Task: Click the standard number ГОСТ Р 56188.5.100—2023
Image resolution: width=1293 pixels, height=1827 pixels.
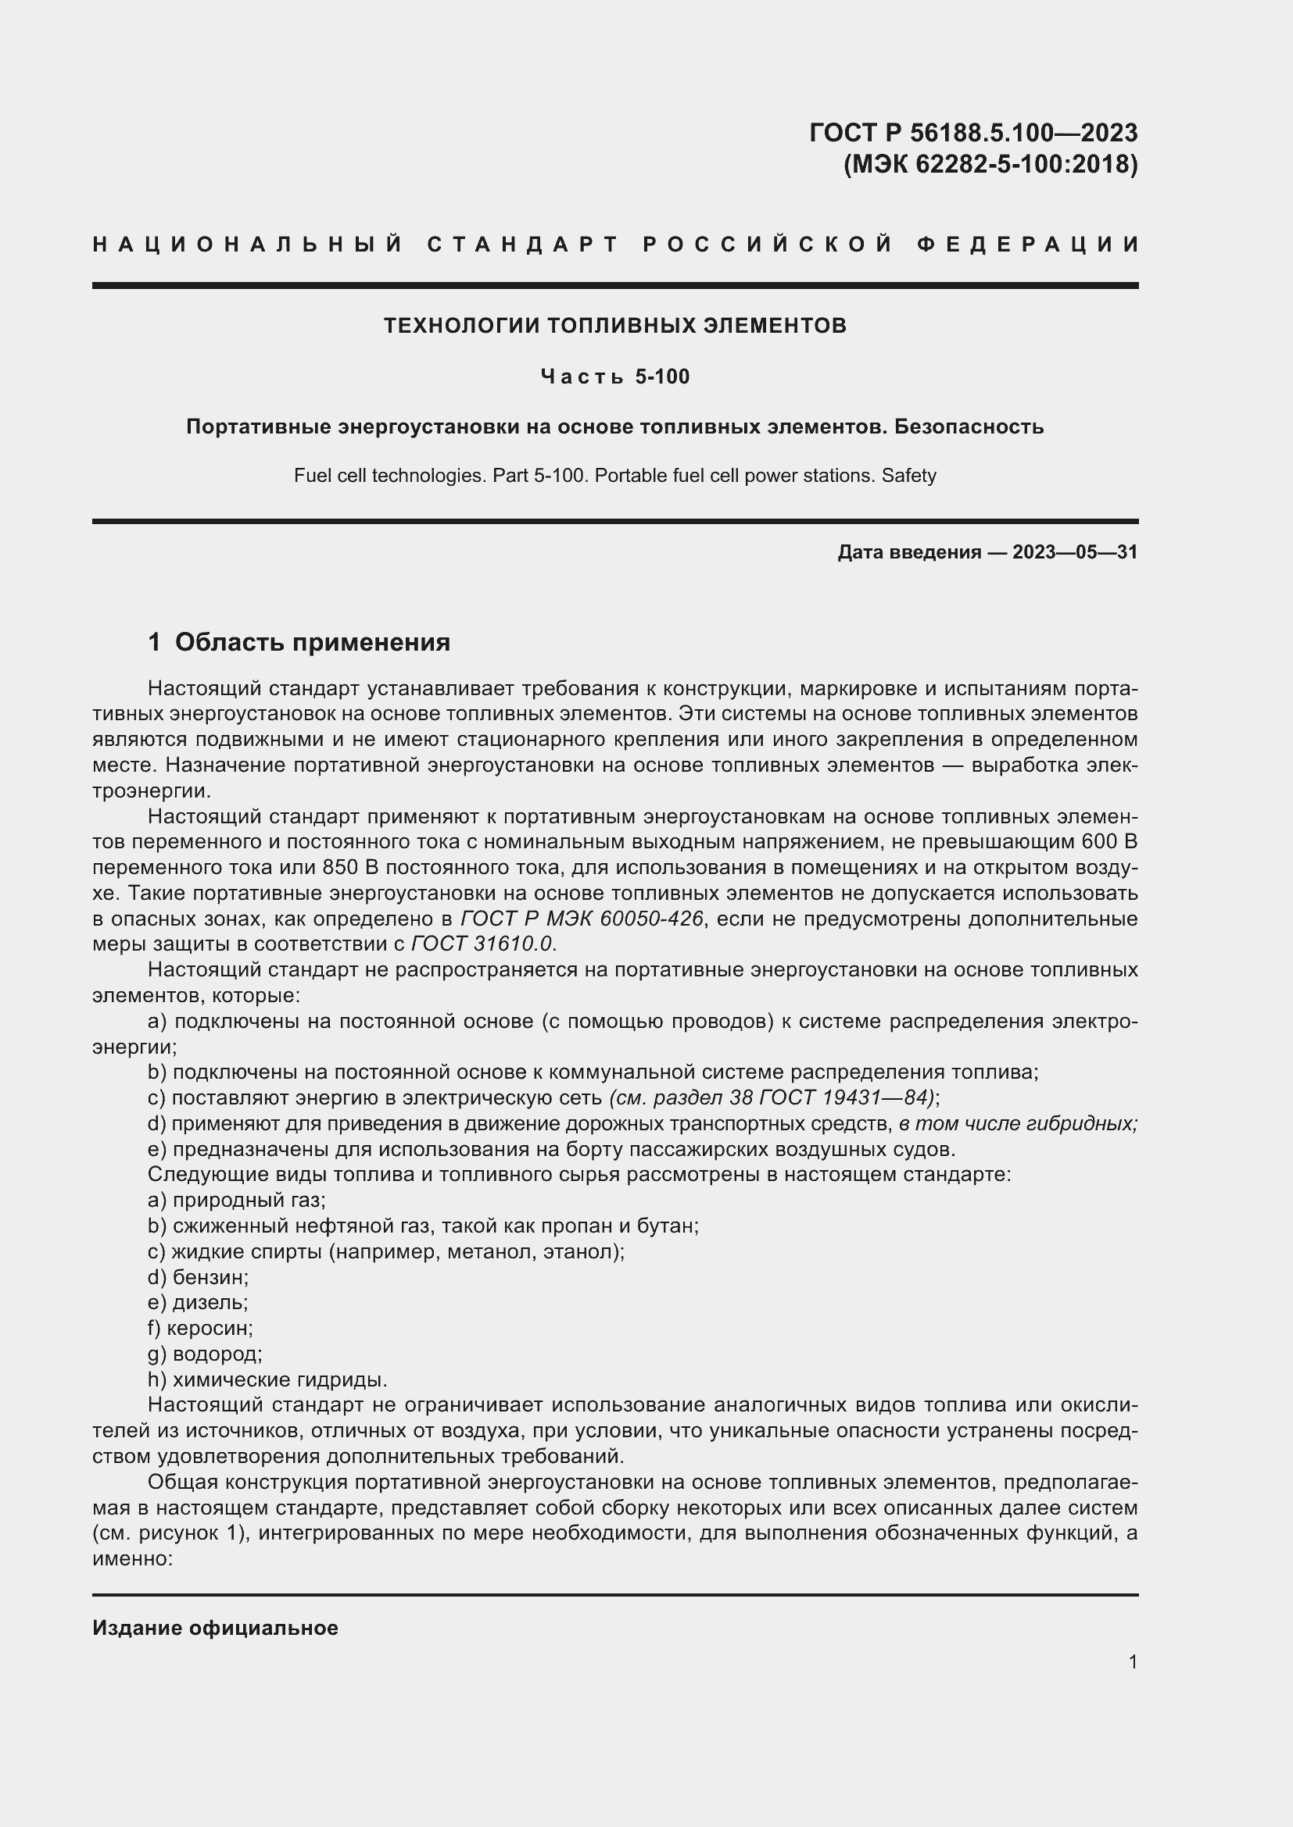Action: [973, 132]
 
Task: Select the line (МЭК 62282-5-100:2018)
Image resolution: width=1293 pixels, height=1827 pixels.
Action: [990, 164]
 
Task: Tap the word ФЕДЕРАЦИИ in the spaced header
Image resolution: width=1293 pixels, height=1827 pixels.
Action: [1029, 244]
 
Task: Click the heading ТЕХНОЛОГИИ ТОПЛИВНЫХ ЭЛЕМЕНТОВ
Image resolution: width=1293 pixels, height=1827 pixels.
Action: [614, 326]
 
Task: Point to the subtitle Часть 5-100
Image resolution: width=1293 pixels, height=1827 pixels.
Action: [614, 376]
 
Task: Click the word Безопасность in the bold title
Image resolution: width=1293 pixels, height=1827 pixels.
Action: [968, 427]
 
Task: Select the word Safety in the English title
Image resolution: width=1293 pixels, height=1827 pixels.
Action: [908, 476]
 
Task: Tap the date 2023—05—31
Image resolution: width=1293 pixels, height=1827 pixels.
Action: [1075, 552]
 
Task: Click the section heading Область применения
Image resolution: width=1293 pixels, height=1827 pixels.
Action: [312, 642]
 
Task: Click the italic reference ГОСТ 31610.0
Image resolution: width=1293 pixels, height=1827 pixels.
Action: [482, 944]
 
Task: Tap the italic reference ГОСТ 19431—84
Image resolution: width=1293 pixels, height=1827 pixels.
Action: [846, 1098]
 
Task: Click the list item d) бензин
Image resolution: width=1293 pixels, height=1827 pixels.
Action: [199, 1277]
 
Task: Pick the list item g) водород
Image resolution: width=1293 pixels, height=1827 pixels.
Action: [205, 1354]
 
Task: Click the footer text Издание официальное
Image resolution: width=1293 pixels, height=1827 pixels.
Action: [215, 1628]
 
